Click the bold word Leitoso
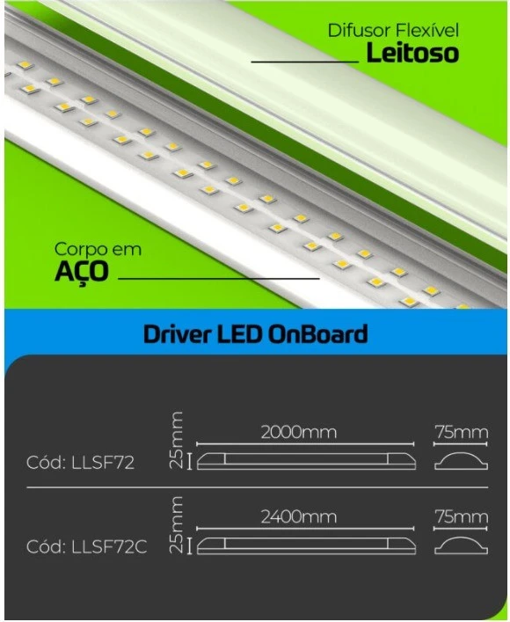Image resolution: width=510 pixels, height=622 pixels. pos(412,53)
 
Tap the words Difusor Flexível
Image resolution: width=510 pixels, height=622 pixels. pos(393,31)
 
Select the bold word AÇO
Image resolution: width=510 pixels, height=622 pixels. pos(81,272)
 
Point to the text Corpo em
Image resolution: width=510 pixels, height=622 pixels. pos(98,250)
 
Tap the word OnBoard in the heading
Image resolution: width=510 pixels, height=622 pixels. pos(317,334)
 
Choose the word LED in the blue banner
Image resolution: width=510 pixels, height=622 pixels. pos(239,334)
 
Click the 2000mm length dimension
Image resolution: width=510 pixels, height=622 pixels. pos(299,432)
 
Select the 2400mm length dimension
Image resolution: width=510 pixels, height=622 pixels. pos(299,517)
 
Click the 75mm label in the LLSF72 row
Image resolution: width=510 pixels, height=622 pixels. pos(462,432)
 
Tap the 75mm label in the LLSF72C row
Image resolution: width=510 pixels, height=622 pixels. pos(462,517)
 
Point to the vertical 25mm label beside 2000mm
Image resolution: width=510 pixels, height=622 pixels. pos(176,440)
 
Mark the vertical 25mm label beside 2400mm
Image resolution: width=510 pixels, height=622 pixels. pos(176,524)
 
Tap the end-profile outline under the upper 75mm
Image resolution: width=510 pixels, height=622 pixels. pos(462,453)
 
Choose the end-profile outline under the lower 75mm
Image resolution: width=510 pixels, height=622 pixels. pos(462,538)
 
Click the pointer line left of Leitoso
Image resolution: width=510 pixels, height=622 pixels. pos(305,62)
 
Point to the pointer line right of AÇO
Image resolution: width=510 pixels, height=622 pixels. pos(219,279)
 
